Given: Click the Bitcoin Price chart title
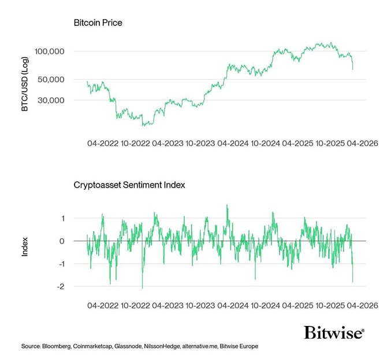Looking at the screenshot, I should pos(98,23).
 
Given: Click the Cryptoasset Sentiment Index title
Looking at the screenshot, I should pos(129,185).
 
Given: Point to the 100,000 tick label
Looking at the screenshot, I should pos(50,51).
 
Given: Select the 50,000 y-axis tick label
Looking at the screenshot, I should pos(53,79).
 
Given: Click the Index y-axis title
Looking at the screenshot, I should pos(25,246).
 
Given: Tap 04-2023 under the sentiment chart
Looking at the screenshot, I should pos(168,305).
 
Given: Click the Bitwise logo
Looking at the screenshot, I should pos(334,333).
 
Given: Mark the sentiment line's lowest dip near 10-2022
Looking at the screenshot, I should pos(142,287).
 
